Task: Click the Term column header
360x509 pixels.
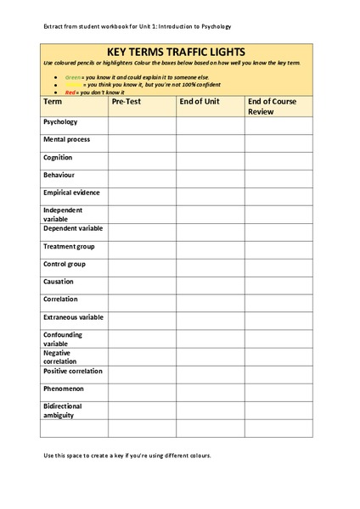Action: point(52,101)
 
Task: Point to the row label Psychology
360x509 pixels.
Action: point(59,122)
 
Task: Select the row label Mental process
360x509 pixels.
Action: point(65,139)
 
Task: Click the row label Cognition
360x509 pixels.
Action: point(58,157)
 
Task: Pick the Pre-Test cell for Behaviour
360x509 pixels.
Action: point(142,176)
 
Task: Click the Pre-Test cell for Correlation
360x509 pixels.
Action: point(142,301)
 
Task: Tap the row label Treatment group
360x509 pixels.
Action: point(69,246)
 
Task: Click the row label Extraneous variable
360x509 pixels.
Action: point(73,317)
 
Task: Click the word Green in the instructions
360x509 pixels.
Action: point(74,76)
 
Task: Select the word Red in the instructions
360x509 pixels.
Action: point(71,91)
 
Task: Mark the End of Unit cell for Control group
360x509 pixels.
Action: point(211,266)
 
